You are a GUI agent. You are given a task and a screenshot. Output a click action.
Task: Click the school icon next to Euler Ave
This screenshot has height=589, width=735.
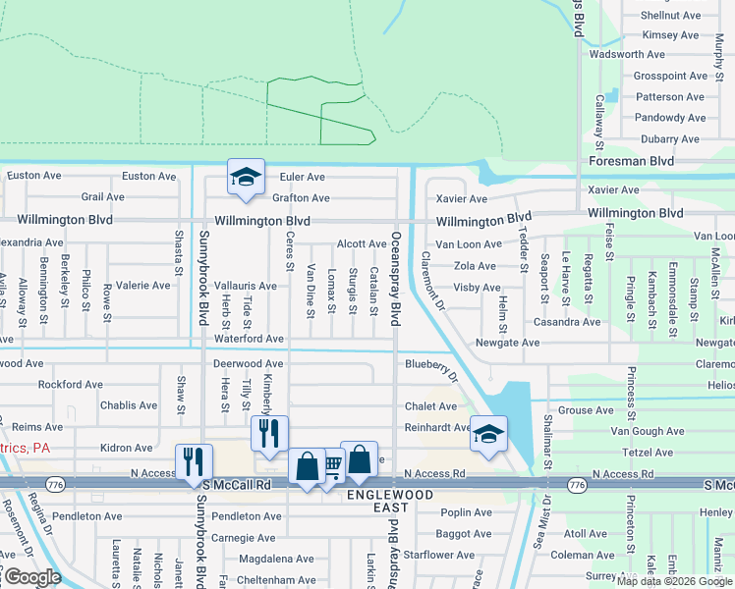[245, 177]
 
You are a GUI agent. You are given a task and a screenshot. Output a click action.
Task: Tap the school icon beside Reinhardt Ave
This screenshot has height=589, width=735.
[486, 433]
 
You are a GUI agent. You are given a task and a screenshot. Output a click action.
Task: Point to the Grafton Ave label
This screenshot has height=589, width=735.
[301, 198]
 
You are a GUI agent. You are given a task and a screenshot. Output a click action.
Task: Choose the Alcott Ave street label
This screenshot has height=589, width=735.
[362, 243]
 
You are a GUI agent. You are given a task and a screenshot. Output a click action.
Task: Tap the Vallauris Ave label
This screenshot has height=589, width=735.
[246, 285]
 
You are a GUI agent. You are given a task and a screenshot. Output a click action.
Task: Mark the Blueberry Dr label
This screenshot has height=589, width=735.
[432, 367]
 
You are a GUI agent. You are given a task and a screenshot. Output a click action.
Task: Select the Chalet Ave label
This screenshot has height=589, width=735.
[430, 406]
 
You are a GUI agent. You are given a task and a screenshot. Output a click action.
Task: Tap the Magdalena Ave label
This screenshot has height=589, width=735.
[277, 559]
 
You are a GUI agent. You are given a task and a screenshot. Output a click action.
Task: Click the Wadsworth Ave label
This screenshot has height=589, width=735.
[627, 55]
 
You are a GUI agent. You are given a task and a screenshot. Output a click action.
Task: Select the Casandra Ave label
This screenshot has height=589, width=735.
[565, 322]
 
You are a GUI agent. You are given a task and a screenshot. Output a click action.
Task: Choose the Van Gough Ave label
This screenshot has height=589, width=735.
[647, 431]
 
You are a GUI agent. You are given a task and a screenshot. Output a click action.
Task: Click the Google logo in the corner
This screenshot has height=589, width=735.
[31, 577]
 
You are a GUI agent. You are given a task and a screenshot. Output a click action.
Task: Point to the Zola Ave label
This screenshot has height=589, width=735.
[476, 266]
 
